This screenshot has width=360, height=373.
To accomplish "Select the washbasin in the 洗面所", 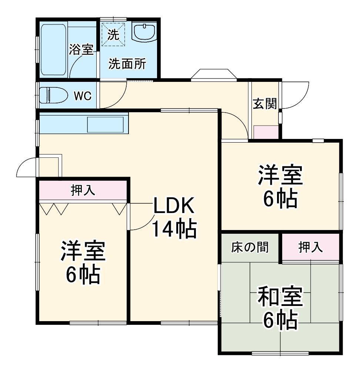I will [x=145, y=32].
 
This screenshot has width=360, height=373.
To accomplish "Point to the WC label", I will [x=82, y=96].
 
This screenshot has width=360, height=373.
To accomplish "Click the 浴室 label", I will [x=81, y=50].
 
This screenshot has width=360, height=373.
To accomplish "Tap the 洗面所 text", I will [x=127, y=64].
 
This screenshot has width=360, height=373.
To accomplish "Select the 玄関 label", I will [x=265, y=104].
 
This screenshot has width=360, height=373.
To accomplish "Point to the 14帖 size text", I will [x=174, y=230].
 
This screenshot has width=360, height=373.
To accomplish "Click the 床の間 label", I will [x=250, y=247].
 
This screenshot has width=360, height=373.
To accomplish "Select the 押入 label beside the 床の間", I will [x=311, y=247].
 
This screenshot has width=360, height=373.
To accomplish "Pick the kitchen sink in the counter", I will [x=105, y=124].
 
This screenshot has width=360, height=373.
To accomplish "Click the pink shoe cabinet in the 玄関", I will [x=266, y=132].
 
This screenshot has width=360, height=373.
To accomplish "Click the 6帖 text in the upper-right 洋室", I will [x=280, y=200].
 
